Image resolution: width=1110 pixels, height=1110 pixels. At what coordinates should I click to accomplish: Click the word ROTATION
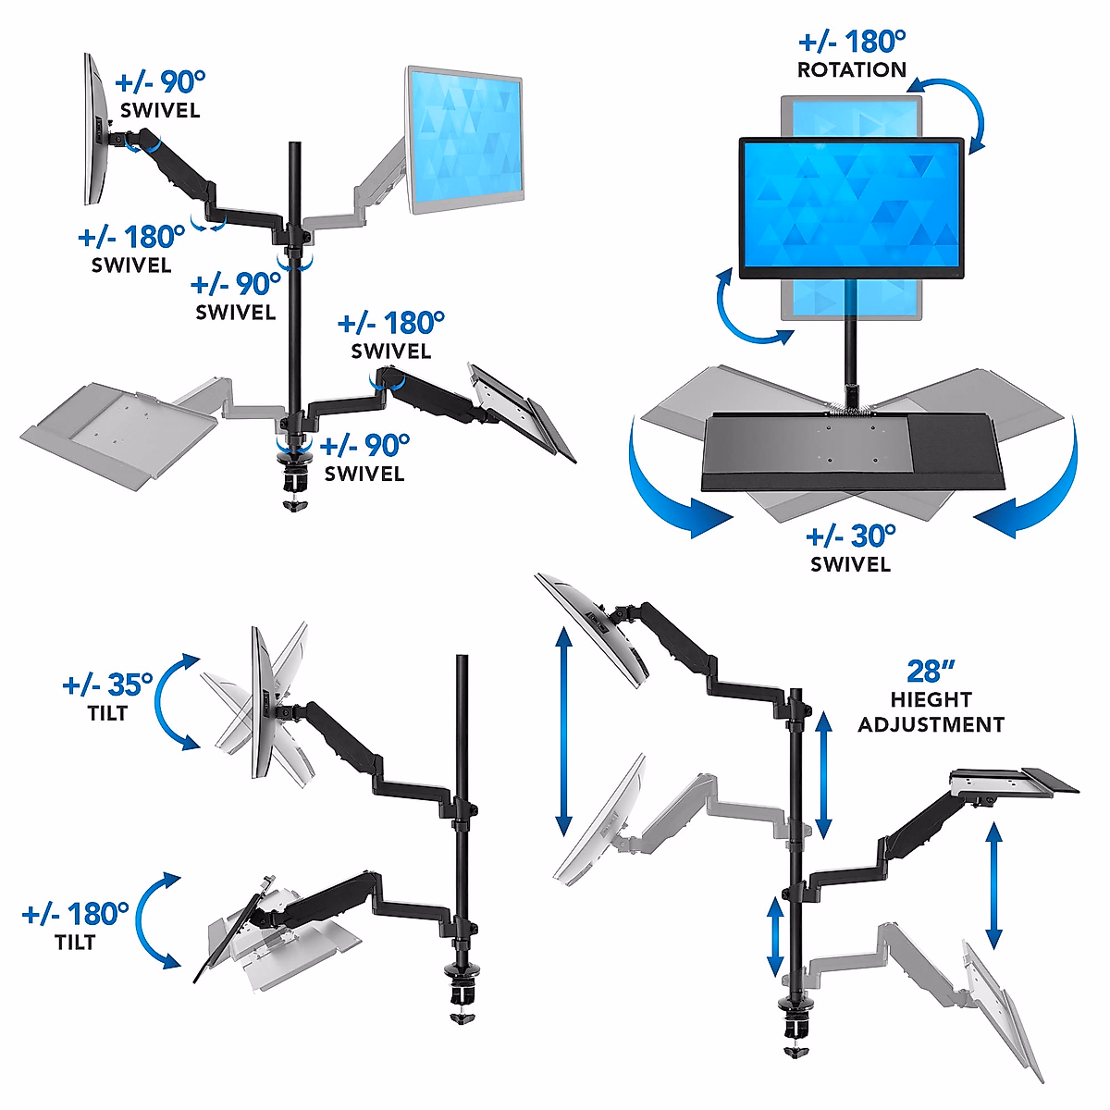point(851,69)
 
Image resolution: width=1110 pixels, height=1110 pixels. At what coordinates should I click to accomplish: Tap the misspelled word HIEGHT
point(931,700)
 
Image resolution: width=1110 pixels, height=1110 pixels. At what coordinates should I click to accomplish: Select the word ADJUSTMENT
point(931,724)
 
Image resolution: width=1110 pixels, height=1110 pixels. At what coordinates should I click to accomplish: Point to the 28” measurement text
point(930,671)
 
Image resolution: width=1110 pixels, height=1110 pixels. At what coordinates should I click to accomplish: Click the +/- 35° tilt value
point(107,684)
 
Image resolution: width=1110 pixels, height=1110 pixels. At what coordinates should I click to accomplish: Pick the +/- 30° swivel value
point(850,536)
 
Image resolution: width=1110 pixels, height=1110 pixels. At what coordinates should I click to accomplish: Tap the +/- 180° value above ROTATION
point(851,42)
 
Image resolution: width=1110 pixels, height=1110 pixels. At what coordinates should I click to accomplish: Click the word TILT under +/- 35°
point(107,713)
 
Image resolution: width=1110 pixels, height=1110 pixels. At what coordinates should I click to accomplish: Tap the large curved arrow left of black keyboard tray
point(666,490)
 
